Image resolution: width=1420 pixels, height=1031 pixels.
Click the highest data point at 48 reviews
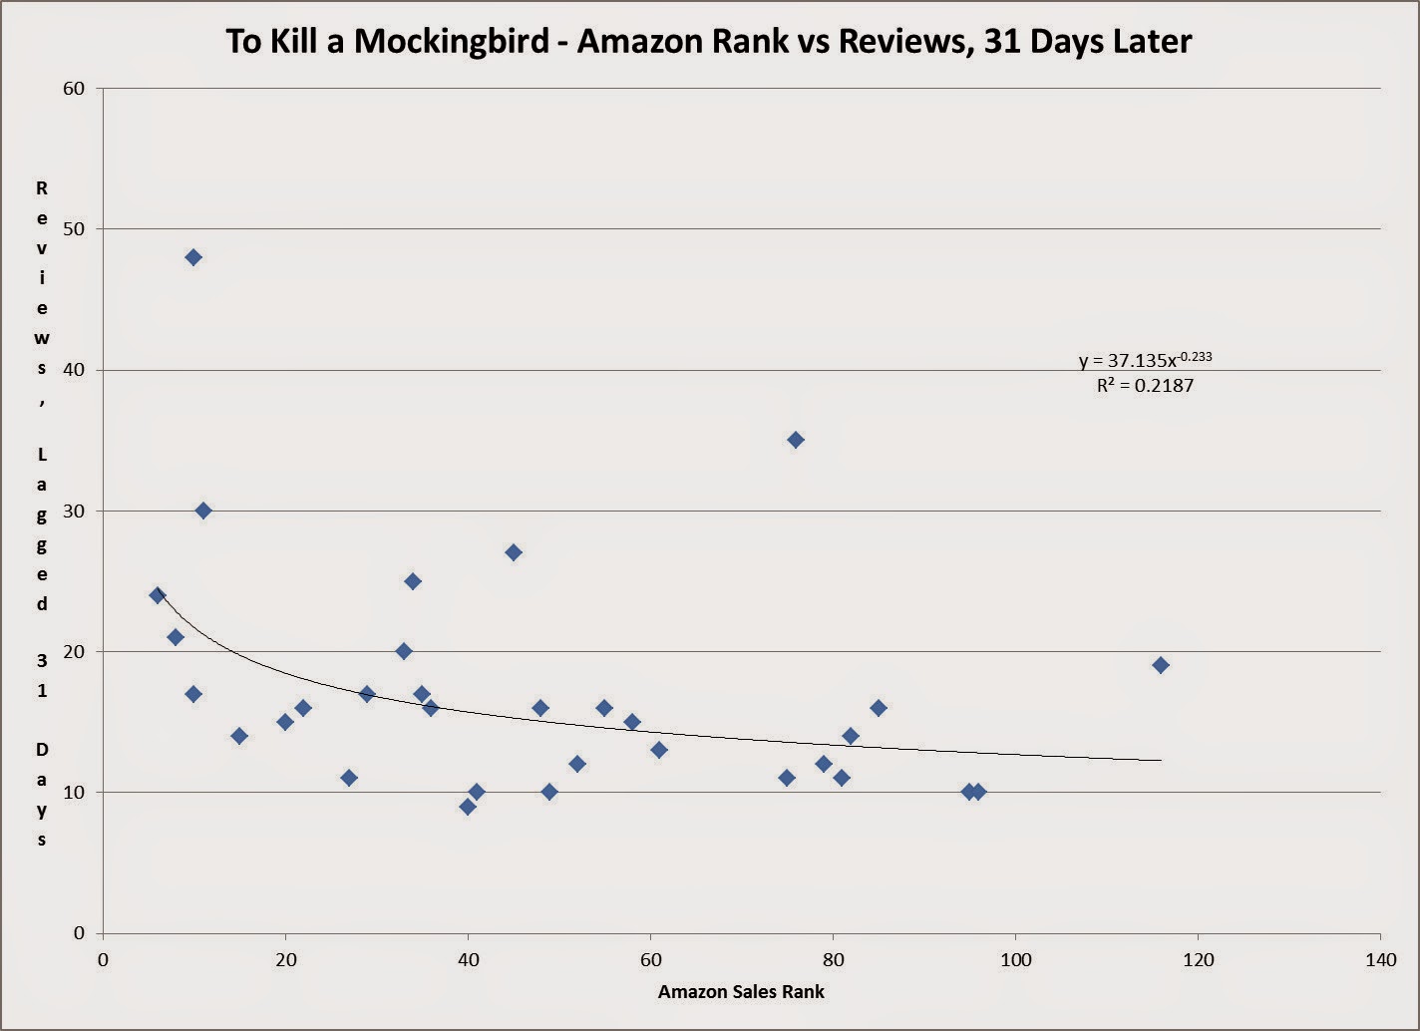(x=193, y=257)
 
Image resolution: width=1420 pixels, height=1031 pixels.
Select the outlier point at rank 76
(x=796, y=440)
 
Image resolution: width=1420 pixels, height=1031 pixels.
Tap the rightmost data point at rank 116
(x=1161, y=665)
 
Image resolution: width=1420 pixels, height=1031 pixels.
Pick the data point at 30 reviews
(x=203, y=511)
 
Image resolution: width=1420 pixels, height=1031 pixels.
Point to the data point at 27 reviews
(x=514, y=552)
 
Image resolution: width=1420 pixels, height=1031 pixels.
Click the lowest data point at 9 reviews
(x=468, y=807)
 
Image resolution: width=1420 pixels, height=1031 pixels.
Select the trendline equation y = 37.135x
(x=1145, y=360)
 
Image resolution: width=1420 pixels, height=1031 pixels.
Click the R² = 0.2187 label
(x=1145, y=386)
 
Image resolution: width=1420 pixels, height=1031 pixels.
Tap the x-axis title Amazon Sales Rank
(x=741, y=992)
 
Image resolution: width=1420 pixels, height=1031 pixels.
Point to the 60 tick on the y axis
(x=74, y=89)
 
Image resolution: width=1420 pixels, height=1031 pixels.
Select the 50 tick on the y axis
(x=74, y=229)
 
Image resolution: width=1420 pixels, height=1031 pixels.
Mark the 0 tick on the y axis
(x=80, y=933)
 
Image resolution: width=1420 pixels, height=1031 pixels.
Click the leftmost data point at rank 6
(x=158, y=595)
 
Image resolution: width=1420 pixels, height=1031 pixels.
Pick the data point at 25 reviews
(x=413, y=581)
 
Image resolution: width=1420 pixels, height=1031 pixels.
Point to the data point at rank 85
(x=879, y=708)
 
